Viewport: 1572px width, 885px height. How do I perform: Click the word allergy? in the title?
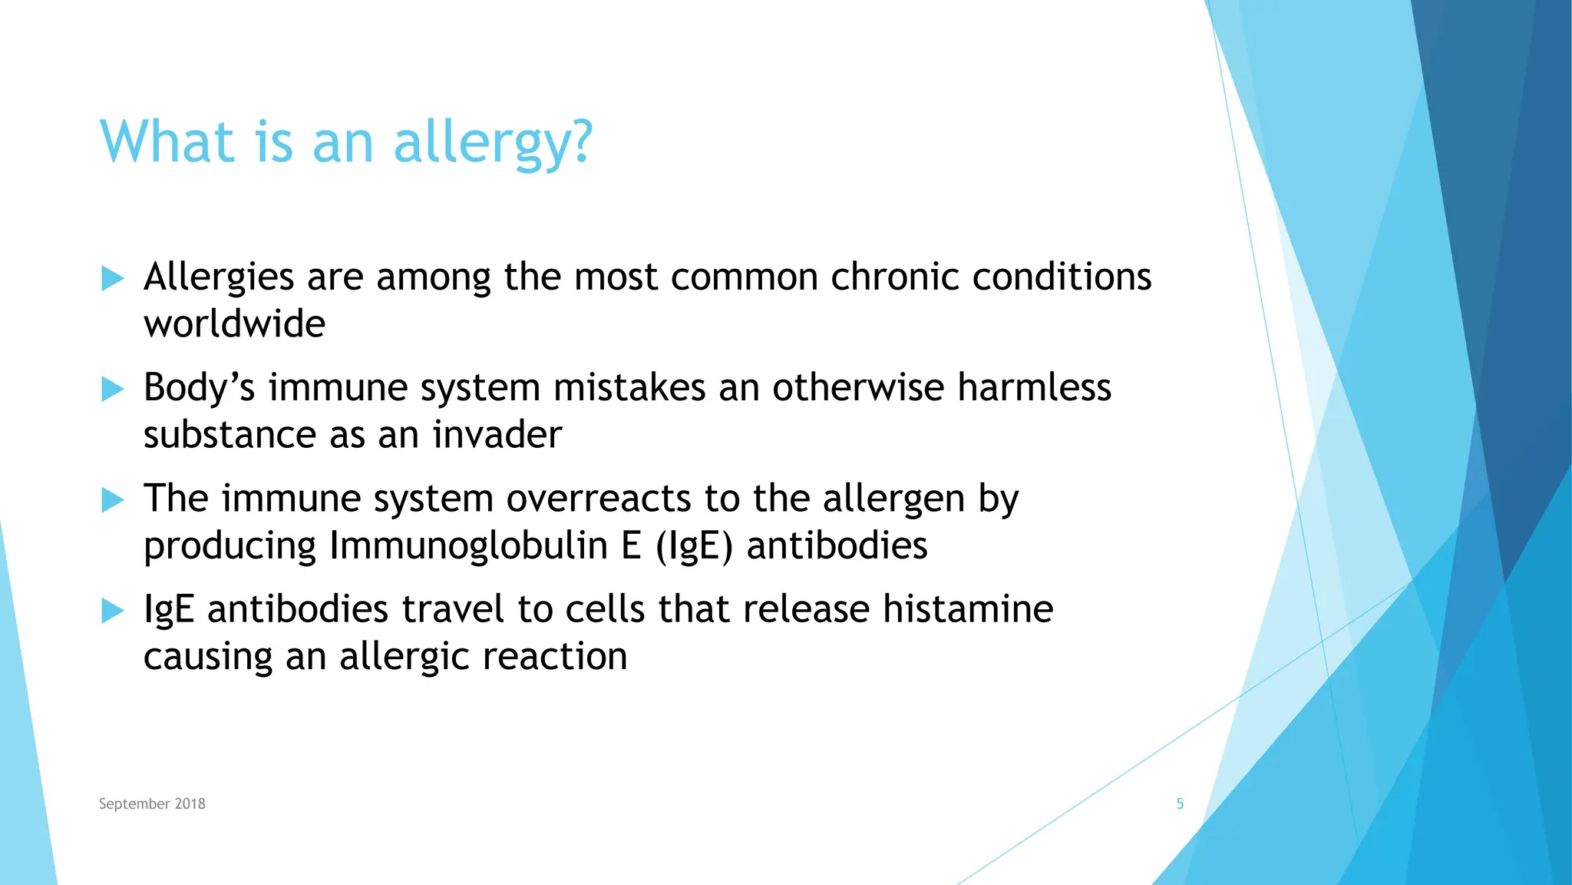493,143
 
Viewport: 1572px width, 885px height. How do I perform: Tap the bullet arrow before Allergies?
112,278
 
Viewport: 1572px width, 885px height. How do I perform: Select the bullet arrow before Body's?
112,389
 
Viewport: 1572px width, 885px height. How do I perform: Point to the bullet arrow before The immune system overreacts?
112,500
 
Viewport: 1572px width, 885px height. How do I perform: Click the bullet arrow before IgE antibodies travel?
112,611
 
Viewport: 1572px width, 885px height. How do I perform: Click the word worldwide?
234,323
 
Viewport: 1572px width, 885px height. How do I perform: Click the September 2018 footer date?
152,804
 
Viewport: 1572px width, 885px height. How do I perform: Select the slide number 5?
1180,804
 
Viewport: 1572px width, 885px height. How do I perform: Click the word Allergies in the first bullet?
219,277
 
